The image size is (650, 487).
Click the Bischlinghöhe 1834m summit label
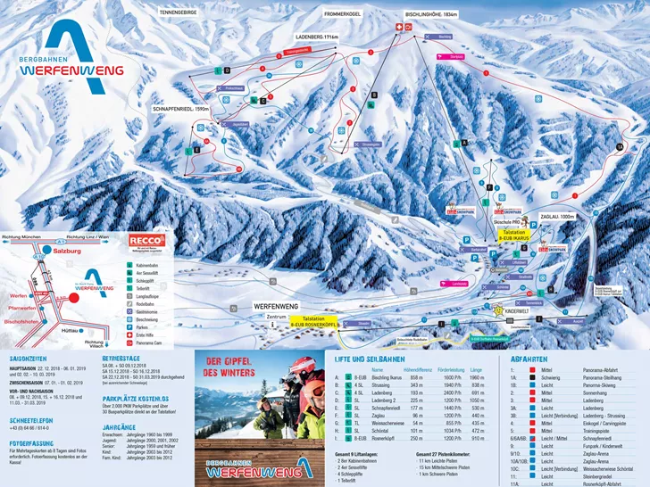click(431, 15)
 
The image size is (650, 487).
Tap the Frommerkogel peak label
click(345, 15)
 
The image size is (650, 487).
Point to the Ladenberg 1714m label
click(320, 37)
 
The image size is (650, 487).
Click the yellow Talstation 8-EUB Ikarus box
click(520, 235)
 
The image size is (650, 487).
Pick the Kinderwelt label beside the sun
click(517, 312)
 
